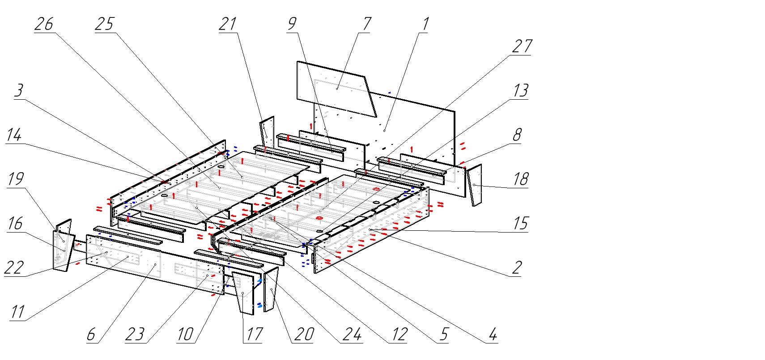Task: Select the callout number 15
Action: coord(520,223)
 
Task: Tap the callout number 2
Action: coord(517,268)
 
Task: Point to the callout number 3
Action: coord(19,91)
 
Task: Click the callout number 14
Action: coord(14,135)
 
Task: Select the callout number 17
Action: coord(252,334)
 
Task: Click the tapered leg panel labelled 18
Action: coord(474,186)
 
